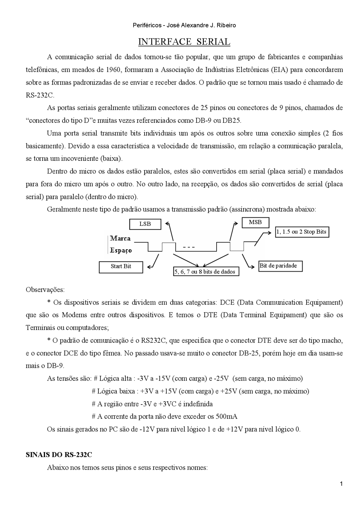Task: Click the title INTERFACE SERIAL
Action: click(x=184, y=42)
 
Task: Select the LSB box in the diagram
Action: click(x=145, y=224)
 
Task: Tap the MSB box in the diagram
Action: click(x=255, y=222)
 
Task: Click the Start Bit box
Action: click(x=121, y=267)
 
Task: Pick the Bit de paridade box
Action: click(x=280, y=266)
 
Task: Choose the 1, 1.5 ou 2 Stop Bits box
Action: click(x=302, y=232)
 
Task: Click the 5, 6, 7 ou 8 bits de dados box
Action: click(x=206, y=272)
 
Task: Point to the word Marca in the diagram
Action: click(x=120, y=238)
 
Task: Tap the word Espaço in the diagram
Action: click(x=121, y=250)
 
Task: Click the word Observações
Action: click(x=45, y=289)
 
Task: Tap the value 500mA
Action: click(x=226, y=417)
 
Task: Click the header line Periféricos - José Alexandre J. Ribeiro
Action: click(x=184, y=25)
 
